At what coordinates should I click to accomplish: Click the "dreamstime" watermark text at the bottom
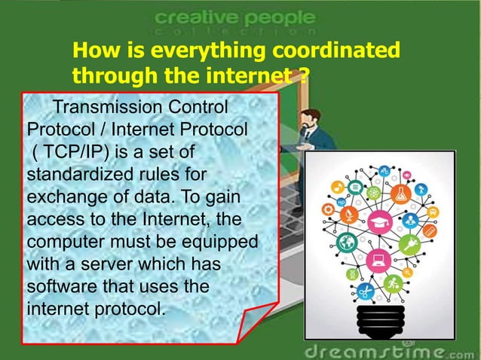(373, 350)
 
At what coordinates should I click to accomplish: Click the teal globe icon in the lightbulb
(348, 242)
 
